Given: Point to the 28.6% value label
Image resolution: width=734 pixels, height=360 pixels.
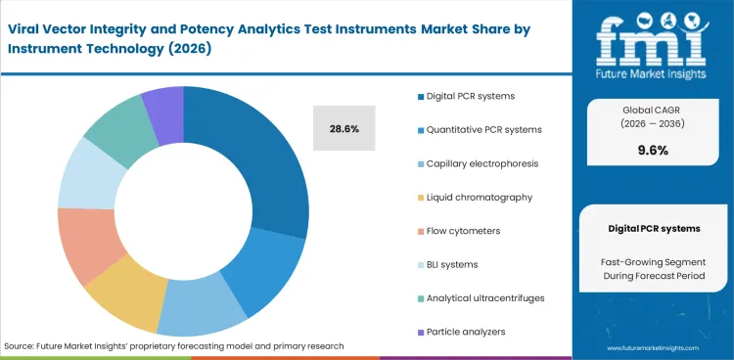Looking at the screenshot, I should [343, 128].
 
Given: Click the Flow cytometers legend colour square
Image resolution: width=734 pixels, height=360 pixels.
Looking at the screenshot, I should [421, 231].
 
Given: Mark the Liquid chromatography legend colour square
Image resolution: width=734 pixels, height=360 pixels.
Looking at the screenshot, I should [421, 197].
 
